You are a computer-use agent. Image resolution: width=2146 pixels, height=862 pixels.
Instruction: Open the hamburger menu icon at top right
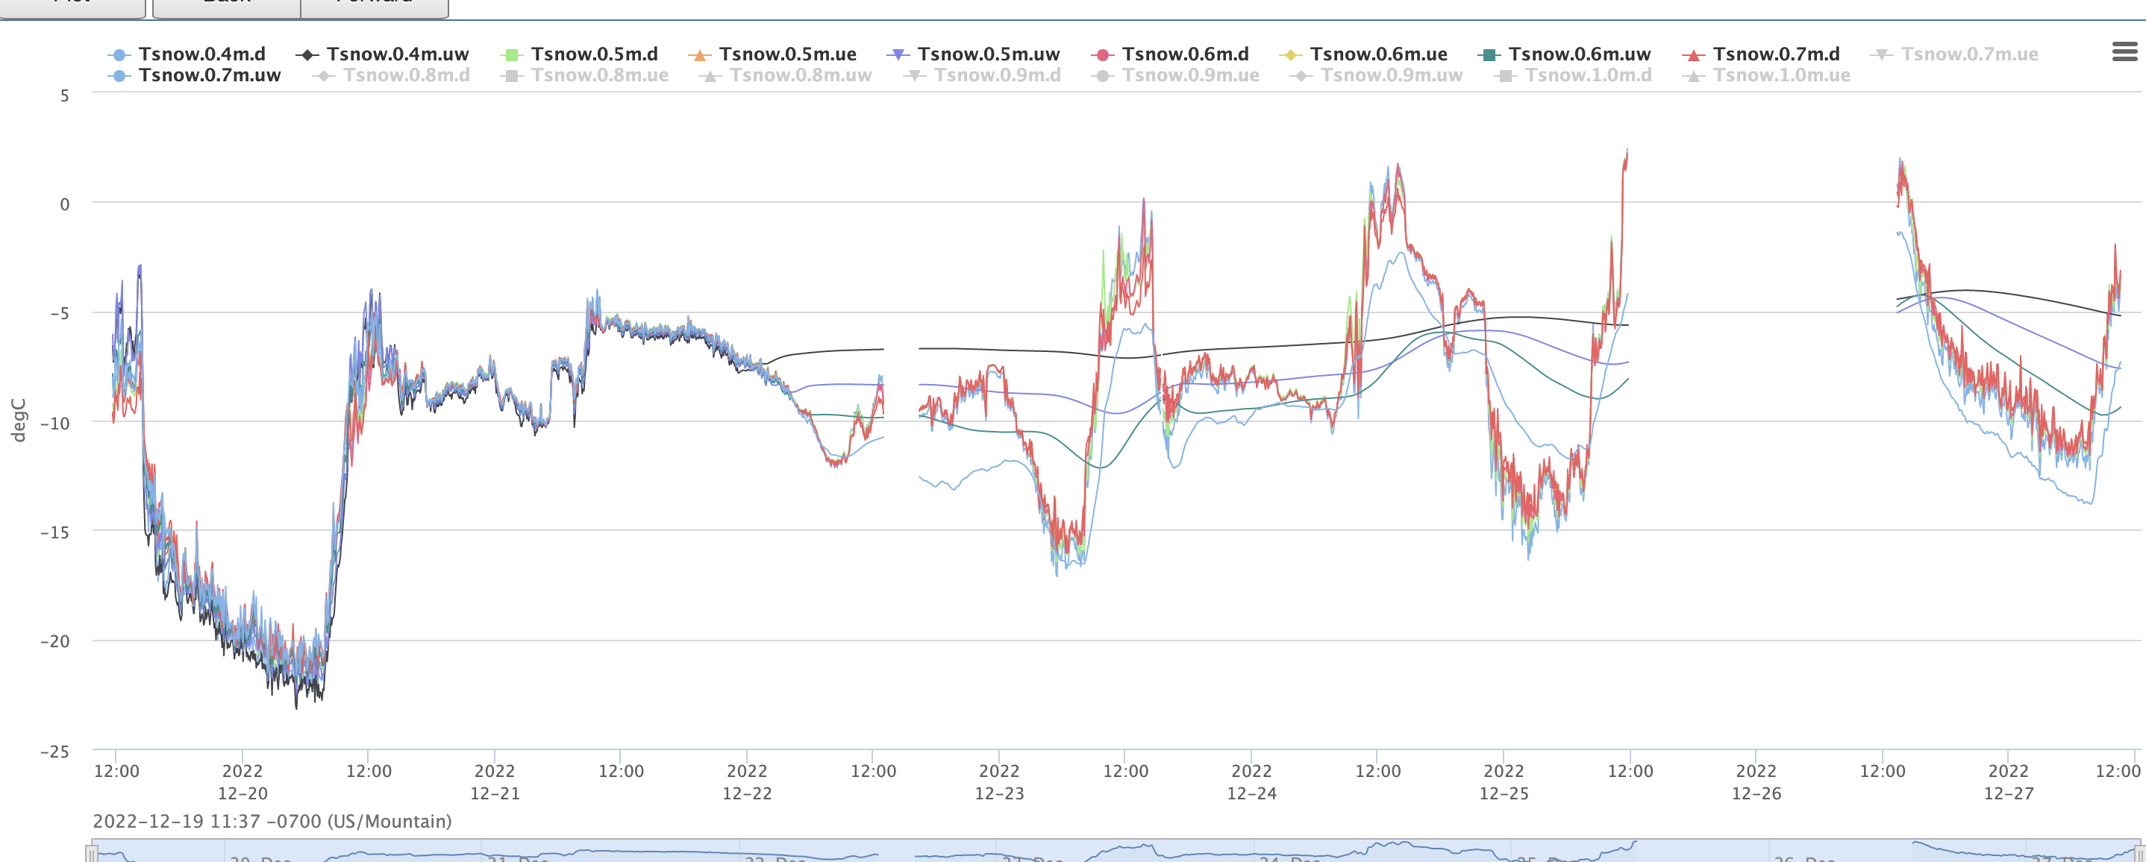[2124, 52]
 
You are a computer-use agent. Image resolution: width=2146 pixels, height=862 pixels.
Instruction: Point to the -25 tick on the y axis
[55, 751]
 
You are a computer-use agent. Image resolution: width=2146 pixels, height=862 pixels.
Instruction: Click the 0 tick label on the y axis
[64, 204]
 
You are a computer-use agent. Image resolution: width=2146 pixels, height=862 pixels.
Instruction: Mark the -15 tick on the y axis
[55, 532]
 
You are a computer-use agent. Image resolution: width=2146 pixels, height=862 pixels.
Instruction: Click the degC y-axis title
[19, 420]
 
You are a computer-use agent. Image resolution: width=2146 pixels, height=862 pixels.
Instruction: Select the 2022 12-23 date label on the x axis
[999, 782]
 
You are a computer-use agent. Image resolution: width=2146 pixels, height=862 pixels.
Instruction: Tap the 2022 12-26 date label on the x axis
[1756, 782]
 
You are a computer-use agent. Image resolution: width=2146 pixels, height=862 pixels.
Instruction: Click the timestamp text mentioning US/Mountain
[272, 822]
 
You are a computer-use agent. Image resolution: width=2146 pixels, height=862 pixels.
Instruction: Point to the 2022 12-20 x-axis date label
[243, 782]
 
